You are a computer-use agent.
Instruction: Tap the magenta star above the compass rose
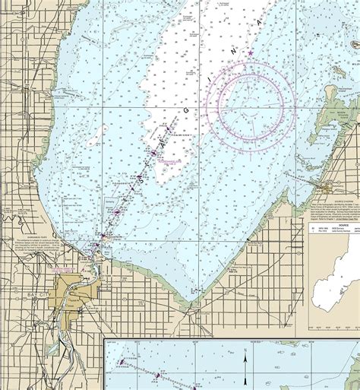click(x=251, y=52)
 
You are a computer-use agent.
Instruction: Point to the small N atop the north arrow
click(x=245, y=354)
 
